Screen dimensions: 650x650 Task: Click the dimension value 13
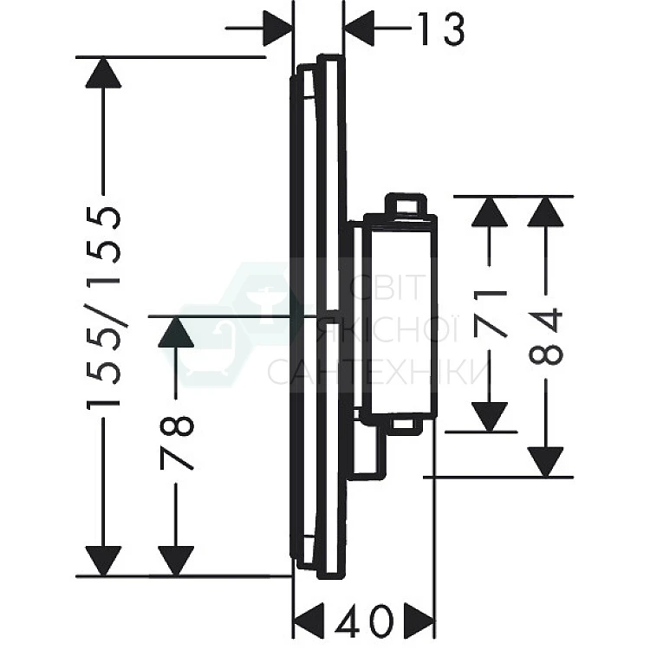(x=440, y=29)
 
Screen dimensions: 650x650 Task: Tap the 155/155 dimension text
(x=103, y=308)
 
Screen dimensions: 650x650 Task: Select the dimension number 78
(x=177, y=443)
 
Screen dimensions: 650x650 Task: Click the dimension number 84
(x=546, y=335)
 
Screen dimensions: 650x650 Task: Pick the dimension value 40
(x=363, y=621)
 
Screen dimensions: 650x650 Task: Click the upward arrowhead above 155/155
(x=103, y=73)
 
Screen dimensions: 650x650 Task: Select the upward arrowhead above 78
(x=176, y=332)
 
